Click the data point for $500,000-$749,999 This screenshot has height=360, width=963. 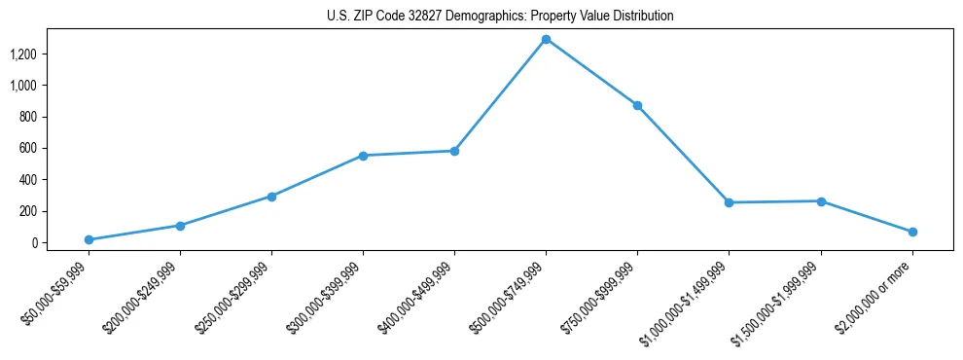[546, 39]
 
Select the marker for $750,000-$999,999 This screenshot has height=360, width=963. [637, 105]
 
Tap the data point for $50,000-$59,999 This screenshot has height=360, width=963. [89, 239]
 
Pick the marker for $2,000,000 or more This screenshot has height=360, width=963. [912, 232]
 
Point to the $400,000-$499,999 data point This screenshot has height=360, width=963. [454, 151]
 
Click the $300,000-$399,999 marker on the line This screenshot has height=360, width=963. [363, 156]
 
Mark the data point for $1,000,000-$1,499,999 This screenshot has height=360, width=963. [729, 202]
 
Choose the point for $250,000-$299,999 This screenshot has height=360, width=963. [271, 197]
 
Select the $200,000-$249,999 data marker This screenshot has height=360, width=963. [180, 226]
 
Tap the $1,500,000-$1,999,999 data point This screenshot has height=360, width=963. [821, 201]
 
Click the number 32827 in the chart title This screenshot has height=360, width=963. [414, 17]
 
